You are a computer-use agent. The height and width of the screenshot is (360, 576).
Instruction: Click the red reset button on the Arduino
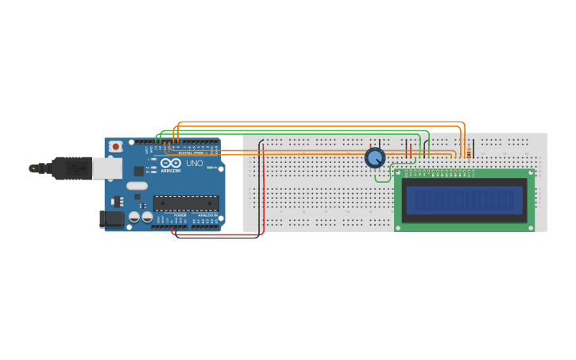pos(116,146)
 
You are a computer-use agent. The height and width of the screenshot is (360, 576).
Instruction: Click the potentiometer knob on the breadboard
pos(375,157)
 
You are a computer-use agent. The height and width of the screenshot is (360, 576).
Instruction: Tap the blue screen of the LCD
pos(465,200)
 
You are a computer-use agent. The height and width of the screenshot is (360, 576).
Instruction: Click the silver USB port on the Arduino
pos(106,167)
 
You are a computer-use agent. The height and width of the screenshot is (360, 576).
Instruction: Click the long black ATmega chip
pos(186,203)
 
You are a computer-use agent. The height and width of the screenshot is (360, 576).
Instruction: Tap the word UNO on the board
pos(195,163)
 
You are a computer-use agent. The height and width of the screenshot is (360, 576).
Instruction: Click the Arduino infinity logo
pos(168,163)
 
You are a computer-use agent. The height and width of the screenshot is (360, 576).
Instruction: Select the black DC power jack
pos(110,219)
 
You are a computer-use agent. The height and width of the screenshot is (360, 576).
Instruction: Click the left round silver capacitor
pos(134,216)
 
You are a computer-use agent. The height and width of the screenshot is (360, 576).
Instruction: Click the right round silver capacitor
pos(147,216)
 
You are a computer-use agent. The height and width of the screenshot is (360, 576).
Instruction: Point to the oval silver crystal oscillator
pos(137,186)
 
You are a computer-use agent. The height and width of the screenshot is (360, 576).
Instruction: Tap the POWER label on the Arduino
pos(180,215)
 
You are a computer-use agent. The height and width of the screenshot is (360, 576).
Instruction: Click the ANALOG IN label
pos(207,215)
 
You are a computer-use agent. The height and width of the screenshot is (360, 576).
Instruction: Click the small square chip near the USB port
pos(138,170)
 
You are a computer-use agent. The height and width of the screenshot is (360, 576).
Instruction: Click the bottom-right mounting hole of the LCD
pos(530,227)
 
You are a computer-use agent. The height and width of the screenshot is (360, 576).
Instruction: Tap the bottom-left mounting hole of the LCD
pos(399,227)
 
